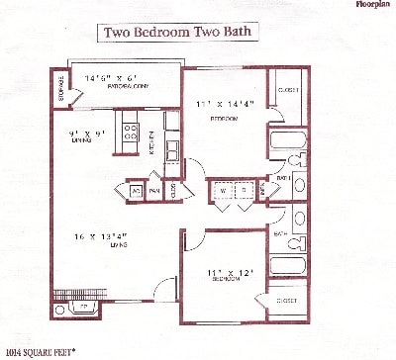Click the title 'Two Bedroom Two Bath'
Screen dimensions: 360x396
point(181,32)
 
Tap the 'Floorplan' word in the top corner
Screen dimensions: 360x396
point(373,5)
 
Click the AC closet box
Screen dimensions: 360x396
point(137,190)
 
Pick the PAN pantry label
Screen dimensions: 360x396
point(154,190)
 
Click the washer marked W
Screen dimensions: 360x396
point(222,190)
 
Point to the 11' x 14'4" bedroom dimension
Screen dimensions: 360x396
point(222,103)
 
